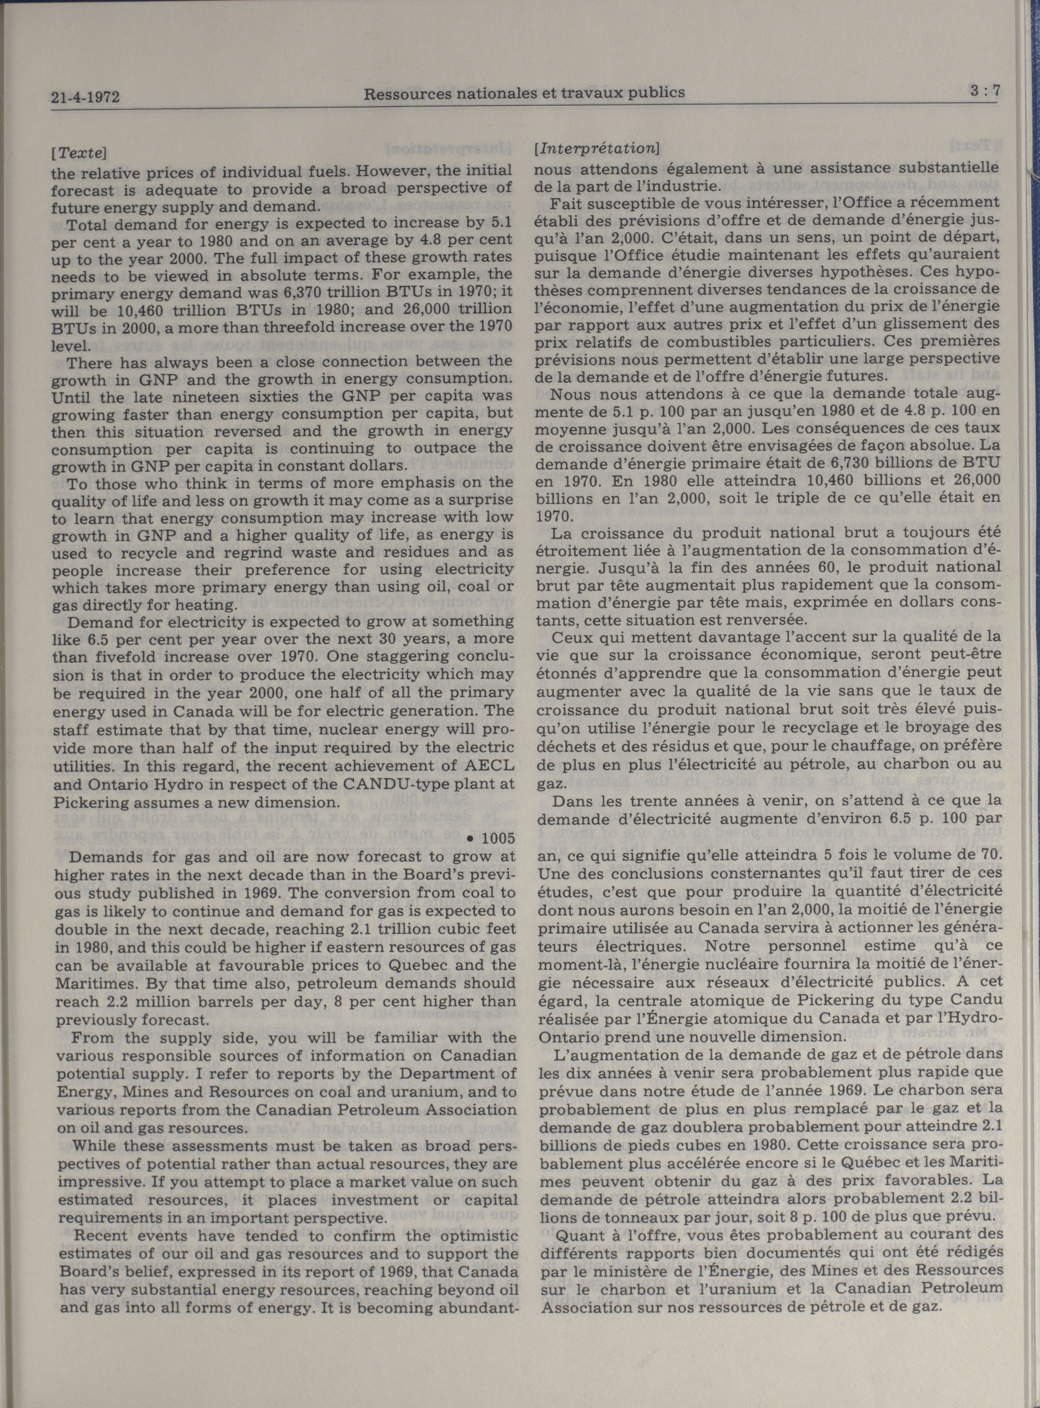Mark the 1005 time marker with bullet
492,838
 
